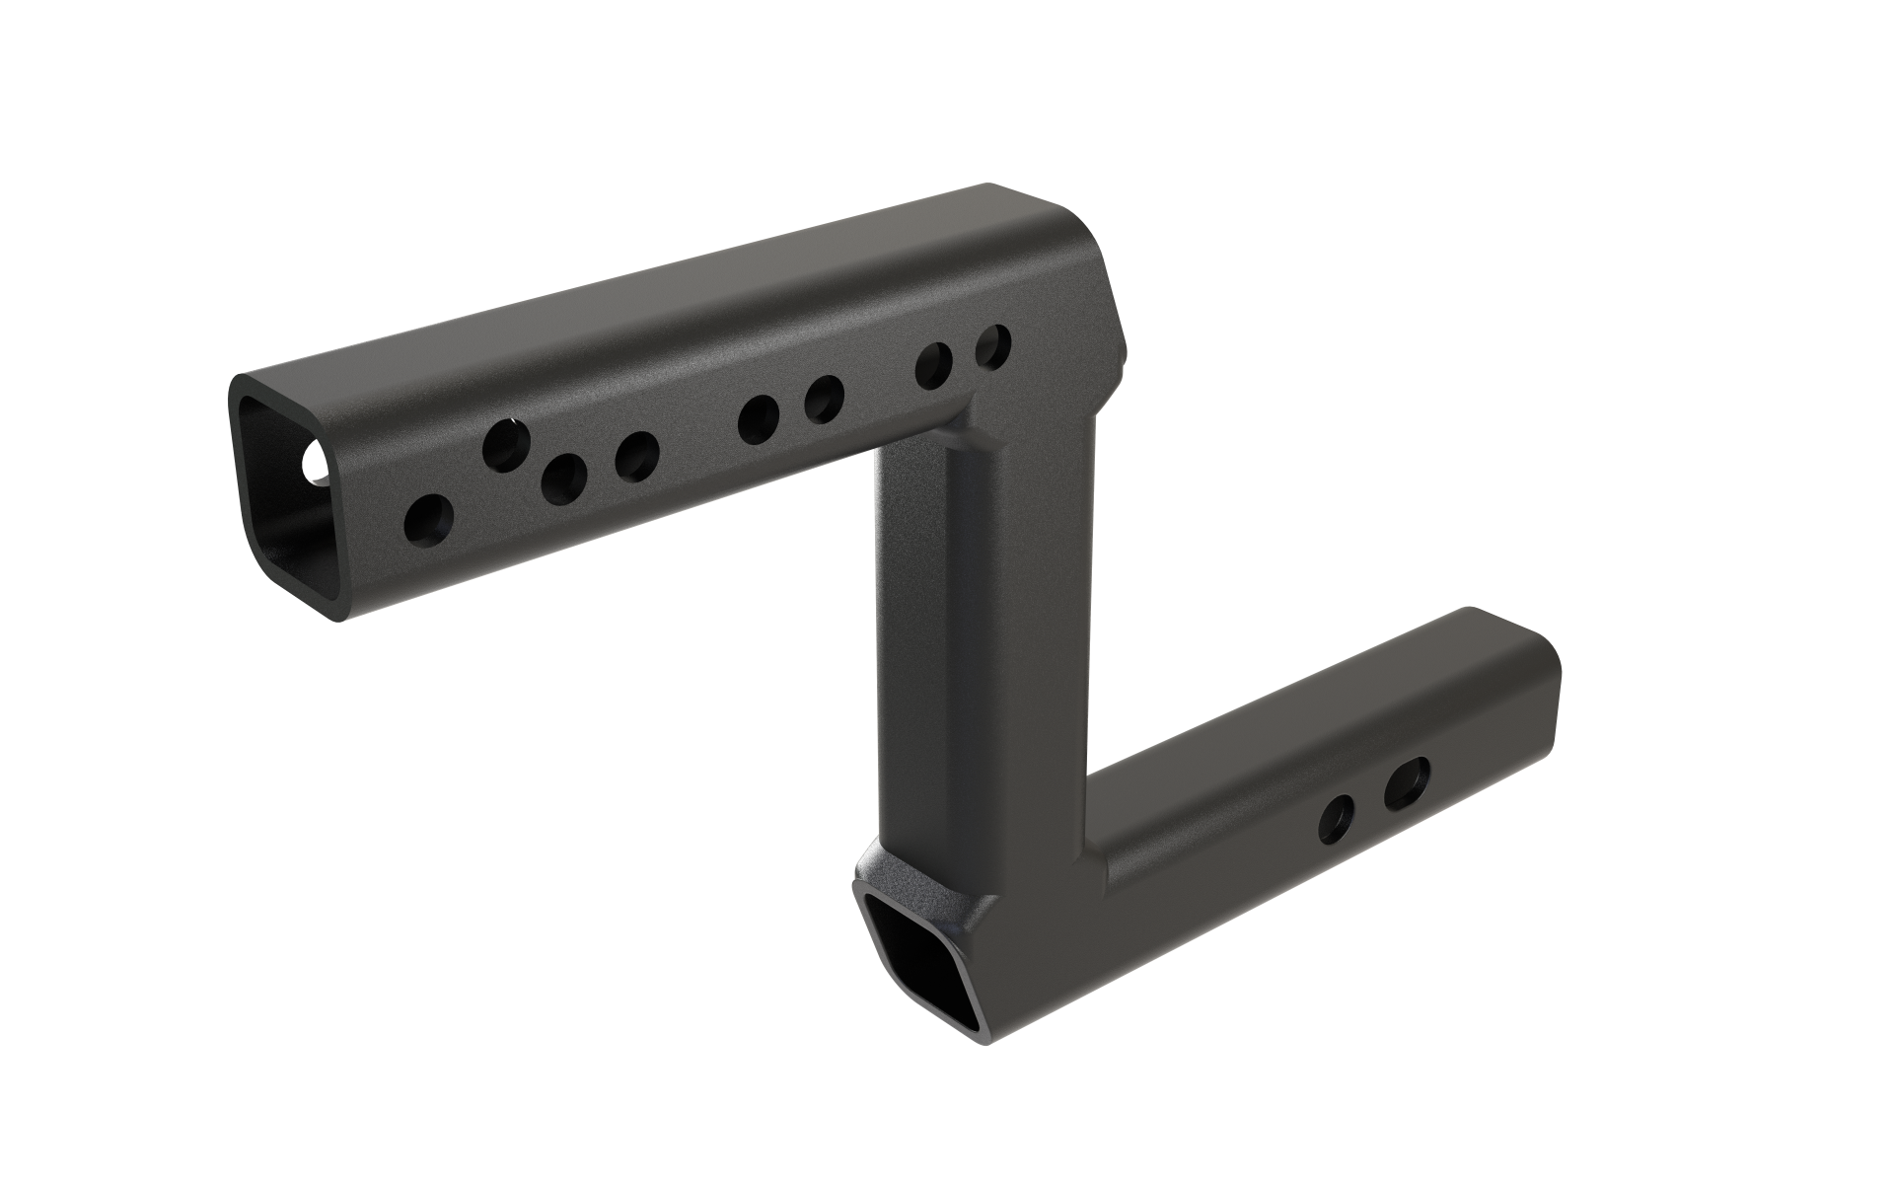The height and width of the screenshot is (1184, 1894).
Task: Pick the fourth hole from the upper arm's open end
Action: tap(637, 456)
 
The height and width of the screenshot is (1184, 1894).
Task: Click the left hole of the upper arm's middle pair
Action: tap(758, 418)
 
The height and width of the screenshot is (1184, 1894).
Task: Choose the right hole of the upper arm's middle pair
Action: tap(824, 399)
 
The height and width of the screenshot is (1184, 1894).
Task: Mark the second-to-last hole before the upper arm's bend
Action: tap(933, 366)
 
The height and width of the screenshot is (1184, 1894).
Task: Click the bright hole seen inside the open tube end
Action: tap(319, 464)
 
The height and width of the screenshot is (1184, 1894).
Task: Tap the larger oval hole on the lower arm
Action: tap(1407, 783)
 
